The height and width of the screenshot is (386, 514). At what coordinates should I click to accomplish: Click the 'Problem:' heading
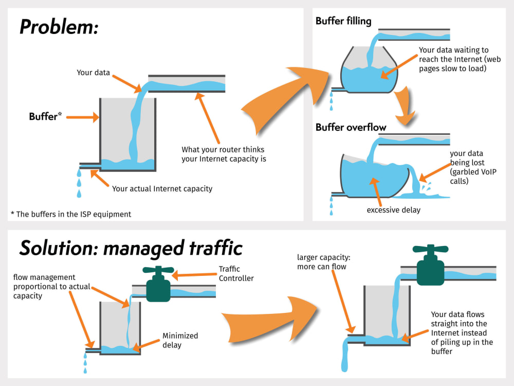(x=59, y=27)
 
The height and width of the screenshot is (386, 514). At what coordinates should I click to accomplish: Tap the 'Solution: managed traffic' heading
(x=131, y=248)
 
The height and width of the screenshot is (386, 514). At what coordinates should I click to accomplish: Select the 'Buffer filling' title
(x=343, y=21)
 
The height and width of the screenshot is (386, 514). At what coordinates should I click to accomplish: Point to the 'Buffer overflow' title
(x=351, y=127)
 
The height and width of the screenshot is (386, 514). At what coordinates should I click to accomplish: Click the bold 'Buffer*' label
(x=45, y=116)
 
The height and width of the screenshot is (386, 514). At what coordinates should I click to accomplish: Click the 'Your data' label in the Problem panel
(x=93, y=73)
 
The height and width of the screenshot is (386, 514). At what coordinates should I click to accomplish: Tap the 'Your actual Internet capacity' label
(x=162, y=189)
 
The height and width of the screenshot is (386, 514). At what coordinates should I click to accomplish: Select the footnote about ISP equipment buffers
(x=71, y=214)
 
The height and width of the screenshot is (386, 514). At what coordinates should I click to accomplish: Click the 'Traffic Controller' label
(x=236, y=273)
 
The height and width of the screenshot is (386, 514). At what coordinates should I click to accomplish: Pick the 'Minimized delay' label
(x=180, y=340)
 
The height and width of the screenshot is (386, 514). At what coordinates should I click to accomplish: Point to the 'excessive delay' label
(x=393, y=210)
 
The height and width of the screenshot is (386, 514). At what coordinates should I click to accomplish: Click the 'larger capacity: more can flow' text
(x=323, y=262)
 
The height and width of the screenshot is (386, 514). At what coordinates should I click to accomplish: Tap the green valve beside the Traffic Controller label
(x=158, y=284)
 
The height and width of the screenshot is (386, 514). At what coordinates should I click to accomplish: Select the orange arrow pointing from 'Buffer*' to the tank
(x=83, y=117)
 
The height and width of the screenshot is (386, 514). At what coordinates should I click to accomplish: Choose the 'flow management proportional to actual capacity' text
(x=51, y=287)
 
